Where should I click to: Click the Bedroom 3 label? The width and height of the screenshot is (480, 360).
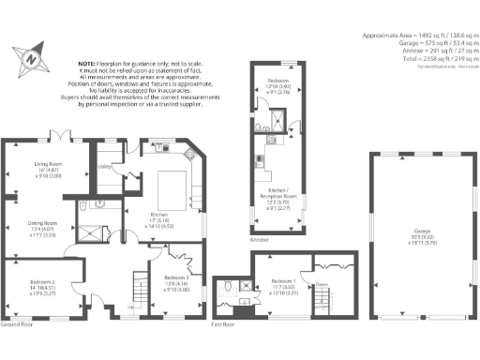tap(176, 278)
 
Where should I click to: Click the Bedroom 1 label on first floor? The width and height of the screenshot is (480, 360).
tap(284, 281)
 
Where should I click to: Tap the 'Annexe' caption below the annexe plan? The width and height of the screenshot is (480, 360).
tap(260, 241)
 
